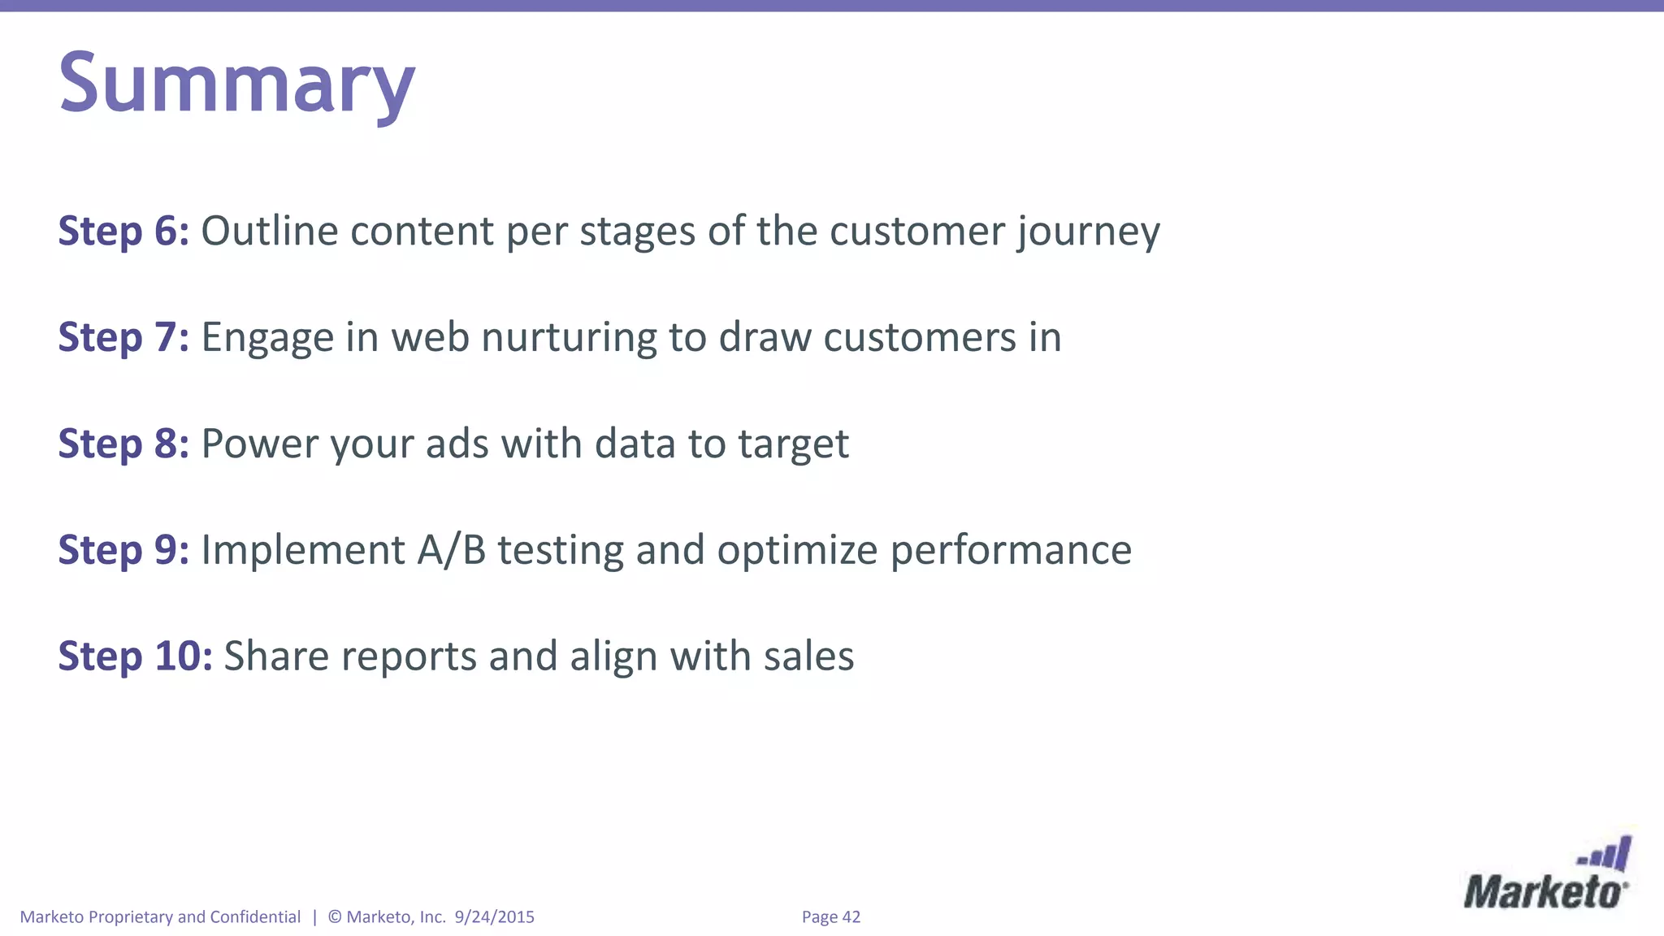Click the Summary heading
[236, 83]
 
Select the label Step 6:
[123, 231]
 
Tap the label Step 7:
[123, 337]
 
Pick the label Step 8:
[123, 444]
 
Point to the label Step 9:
[123, 550]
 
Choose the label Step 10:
[135, 656]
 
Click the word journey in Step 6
[1088, 232]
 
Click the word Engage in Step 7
[267, 339]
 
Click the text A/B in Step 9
[452, 550]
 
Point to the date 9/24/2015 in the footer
[494, 917]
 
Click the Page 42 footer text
[830, 917]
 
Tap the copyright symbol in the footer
[335, 917]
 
